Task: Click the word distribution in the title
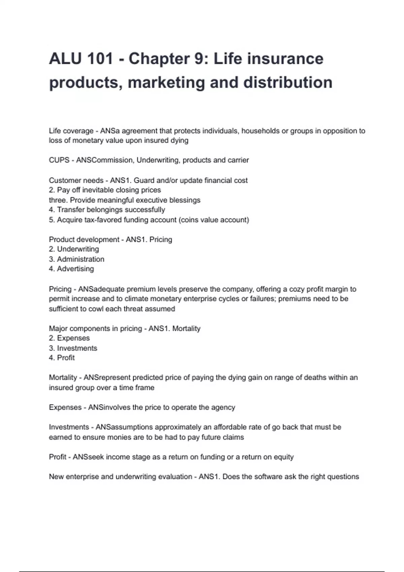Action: (288, 82)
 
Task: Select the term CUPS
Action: (59, 160)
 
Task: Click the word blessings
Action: (185, 200)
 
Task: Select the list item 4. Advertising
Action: (71, 269)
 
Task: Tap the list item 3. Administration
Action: (76, 259)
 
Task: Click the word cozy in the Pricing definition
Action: (288, 289)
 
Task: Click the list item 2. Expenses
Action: (69, 338)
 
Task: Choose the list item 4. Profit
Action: (62, 358)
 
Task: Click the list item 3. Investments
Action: (73, 348)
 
